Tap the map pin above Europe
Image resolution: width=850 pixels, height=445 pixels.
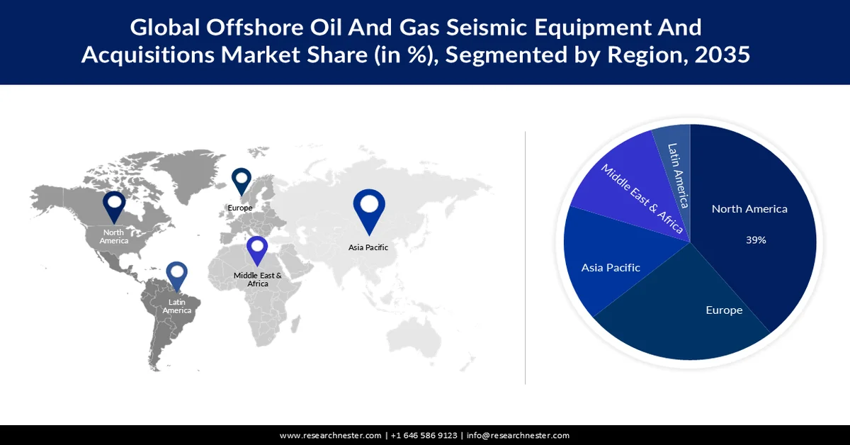coord(242,180)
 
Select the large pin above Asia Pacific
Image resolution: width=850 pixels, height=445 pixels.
coord(368,208)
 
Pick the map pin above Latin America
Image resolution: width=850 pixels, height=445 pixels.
coord(176,277)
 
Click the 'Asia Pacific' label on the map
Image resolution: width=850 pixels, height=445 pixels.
coord(368,247)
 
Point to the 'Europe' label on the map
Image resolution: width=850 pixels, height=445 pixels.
coord(240,208)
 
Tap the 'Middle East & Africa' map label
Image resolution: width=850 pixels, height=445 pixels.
coord(258,279)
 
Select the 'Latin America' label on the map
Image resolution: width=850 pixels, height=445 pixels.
coord(176,306)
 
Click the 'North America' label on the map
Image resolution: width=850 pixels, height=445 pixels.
coord(113,237)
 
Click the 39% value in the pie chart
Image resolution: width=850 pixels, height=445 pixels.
coord(756,240)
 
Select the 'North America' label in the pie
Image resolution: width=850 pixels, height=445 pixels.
coord(749,209)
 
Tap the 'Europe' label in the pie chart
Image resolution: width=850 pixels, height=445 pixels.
coord(724,310)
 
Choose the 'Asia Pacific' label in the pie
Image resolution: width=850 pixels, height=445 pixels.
coord(611,268)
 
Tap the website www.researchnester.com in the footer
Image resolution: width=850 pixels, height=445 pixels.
coord(330,436)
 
